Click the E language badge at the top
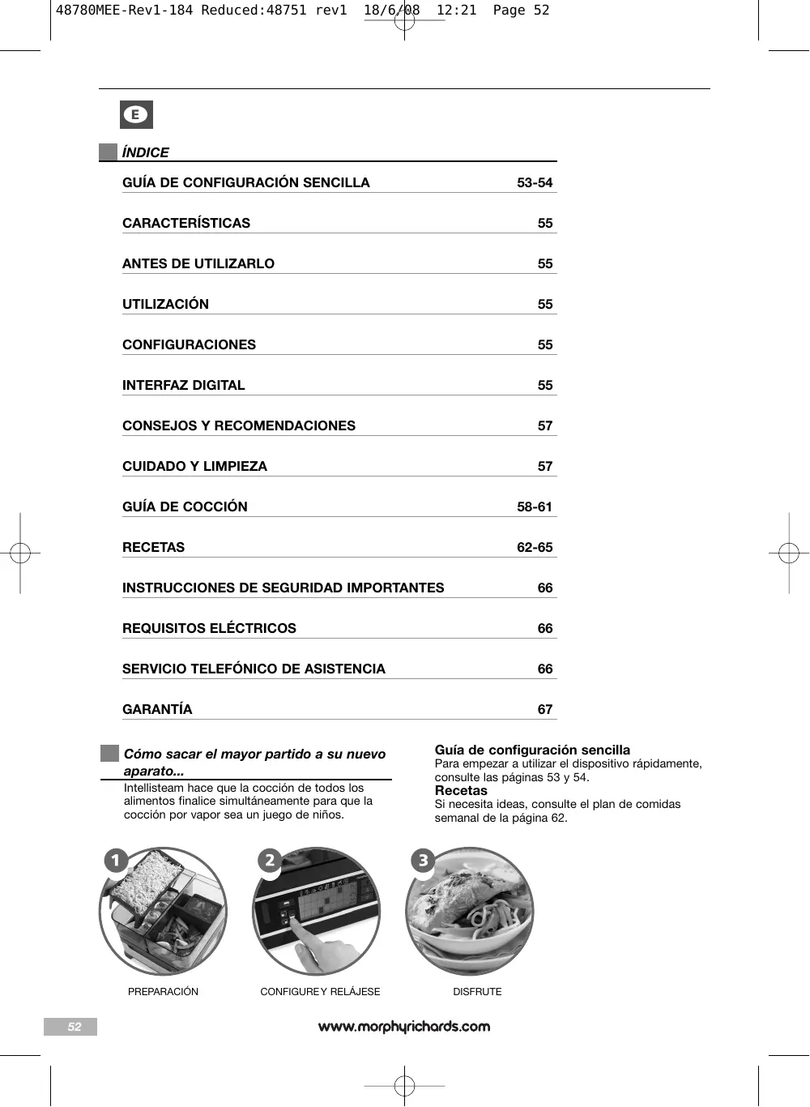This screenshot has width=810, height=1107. tap(136, 115)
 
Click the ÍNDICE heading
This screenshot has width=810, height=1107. tap(145, 152)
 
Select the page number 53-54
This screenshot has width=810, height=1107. tap(535, 183)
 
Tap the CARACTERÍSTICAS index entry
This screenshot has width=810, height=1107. tap(186, 224)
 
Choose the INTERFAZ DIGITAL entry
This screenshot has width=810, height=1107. tap(183, 386)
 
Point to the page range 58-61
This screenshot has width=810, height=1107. tap(535, 507)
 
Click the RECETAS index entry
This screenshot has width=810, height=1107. tap(153, 548)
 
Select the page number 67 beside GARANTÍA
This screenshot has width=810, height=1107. tap(545, 710)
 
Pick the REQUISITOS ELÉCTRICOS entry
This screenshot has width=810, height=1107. tap(209, 629)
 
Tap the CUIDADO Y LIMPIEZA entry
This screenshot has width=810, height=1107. tap(194, 467)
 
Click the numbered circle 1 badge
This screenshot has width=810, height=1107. tap(116, 860)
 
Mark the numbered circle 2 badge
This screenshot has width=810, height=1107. tap(270, 860)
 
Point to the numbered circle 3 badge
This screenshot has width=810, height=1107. tap(423, 860)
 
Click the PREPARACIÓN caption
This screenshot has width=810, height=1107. tap(163, 992)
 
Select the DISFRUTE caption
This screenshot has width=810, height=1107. tap(477, 992)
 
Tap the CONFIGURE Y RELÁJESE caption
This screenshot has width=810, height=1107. tap(320, 992)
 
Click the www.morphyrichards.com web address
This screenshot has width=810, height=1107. tap(404, 1027)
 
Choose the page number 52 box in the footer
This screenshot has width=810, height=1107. tap(70, 1027)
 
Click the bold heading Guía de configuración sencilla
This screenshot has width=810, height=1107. tap(532, 750)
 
